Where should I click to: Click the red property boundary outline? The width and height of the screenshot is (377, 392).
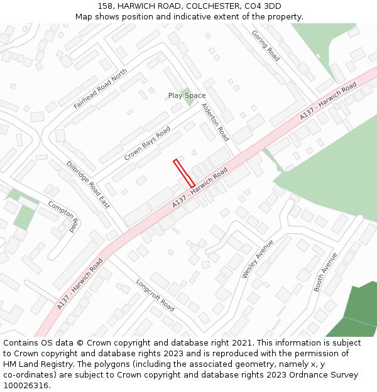tap(184, 173)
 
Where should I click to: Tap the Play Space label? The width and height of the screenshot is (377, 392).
tap(187, 95)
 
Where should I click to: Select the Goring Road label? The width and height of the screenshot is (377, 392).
tap(265, 46)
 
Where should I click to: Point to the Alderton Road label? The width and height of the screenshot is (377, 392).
tap(215, 122)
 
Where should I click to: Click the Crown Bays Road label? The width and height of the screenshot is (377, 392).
tap(147, 143)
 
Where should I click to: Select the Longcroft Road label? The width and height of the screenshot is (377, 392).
tap(155, 295)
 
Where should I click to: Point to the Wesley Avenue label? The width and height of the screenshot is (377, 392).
tap(258, 258)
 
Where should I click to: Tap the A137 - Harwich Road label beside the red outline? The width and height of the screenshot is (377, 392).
tap(200, 188)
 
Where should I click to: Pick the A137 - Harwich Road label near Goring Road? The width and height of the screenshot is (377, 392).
tap(328, 100)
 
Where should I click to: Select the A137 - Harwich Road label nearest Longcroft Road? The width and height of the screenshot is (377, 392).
tap(79, 283)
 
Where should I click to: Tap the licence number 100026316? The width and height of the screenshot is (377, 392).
tap(26, 385)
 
